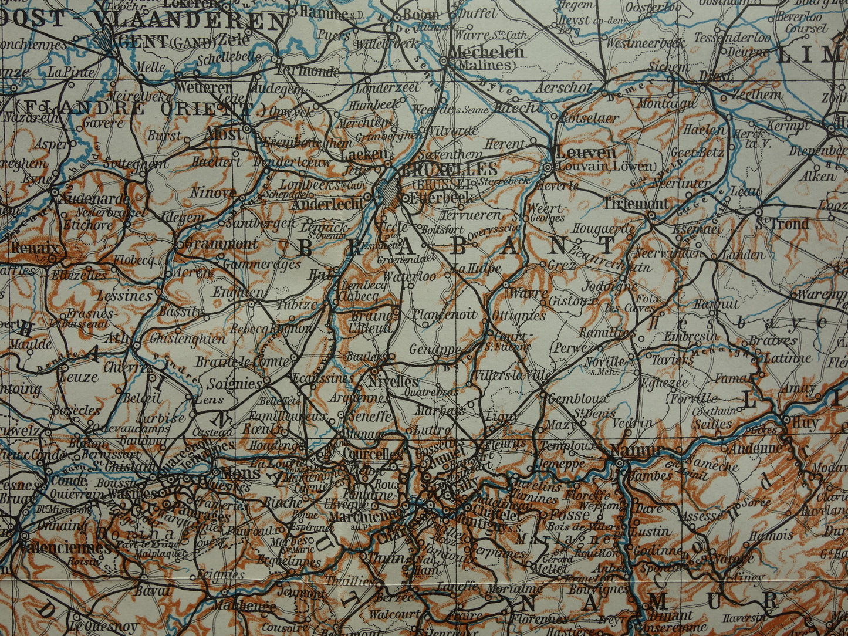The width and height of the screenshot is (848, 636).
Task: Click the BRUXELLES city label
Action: [x=449, y=170]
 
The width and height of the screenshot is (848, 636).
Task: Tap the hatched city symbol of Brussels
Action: [x=387, y=190]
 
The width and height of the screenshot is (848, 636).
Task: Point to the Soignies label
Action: [x=234, y=384]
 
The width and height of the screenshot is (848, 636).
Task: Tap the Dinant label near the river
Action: [x=672, y=615]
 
